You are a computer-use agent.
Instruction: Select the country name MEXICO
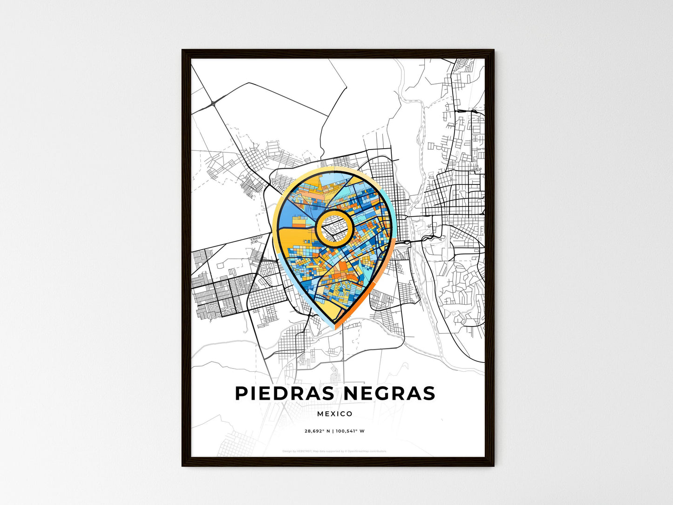coord(335,414)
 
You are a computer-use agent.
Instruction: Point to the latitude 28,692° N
coord(317,431)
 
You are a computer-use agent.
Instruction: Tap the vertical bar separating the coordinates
coord(333,431)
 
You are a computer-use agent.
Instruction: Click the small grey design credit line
coord(334,451)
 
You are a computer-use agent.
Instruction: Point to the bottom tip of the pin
coord(335,328)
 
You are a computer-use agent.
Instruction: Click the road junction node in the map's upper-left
coord(213,103)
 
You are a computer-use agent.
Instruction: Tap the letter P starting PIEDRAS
coord(241,393)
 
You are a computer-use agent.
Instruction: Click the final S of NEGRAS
coord(429,393)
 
